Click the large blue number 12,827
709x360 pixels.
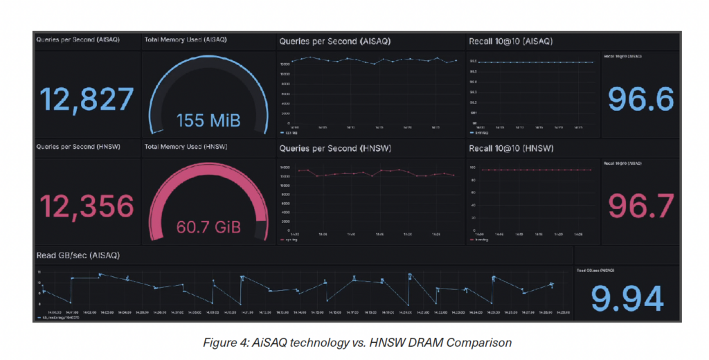(87, 100)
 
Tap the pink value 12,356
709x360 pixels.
(87, 206)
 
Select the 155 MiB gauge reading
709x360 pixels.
(208, 120)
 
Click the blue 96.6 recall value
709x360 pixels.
(640, 99)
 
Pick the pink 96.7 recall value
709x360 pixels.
(640, 206)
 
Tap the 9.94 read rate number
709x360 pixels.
(627, 298)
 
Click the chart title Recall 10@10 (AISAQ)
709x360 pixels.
(510, 42)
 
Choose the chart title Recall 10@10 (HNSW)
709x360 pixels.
(510, 148)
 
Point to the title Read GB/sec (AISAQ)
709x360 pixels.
(78, 255)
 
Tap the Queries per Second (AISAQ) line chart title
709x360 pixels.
(335, 42)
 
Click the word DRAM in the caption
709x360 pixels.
(436, 341)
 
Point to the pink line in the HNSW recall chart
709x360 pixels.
(533, 170)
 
